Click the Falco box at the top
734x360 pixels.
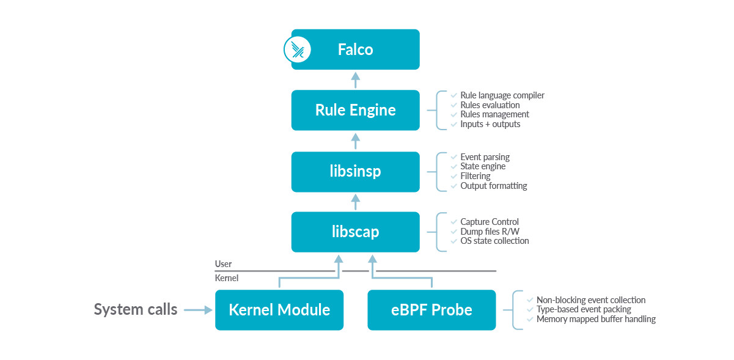[x=355, y=50]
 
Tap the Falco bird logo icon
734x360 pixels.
[x=298, y=50]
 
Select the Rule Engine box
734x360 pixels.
[x=355, y=111]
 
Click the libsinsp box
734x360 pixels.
[x=355, y=172]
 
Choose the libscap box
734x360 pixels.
[x=355, y=232]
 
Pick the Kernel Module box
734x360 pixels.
[x=279, y=310]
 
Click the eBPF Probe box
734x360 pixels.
[x=431, y=310]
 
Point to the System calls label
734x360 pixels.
[x=136, y=310]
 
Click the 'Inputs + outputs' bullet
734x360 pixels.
[x=490, y=124]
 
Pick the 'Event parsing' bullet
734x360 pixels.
[x=485, y=157]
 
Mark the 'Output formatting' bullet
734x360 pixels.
[x=493, y=186]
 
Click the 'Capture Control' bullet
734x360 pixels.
[x=490, y=222]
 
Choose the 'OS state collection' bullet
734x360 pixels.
[x=494, y=241]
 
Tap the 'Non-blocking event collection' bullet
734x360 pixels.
[x=590, y=300]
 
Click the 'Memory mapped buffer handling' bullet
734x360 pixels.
[x=596, y=319]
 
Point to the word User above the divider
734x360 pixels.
[x=224, y=264]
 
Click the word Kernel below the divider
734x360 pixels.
[x=226, y=278]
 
